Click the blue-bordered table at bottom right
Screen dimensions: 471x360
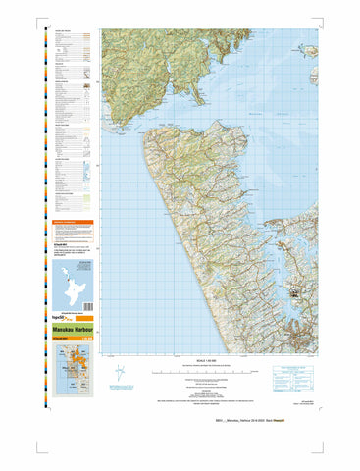(x=293, y=372)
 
